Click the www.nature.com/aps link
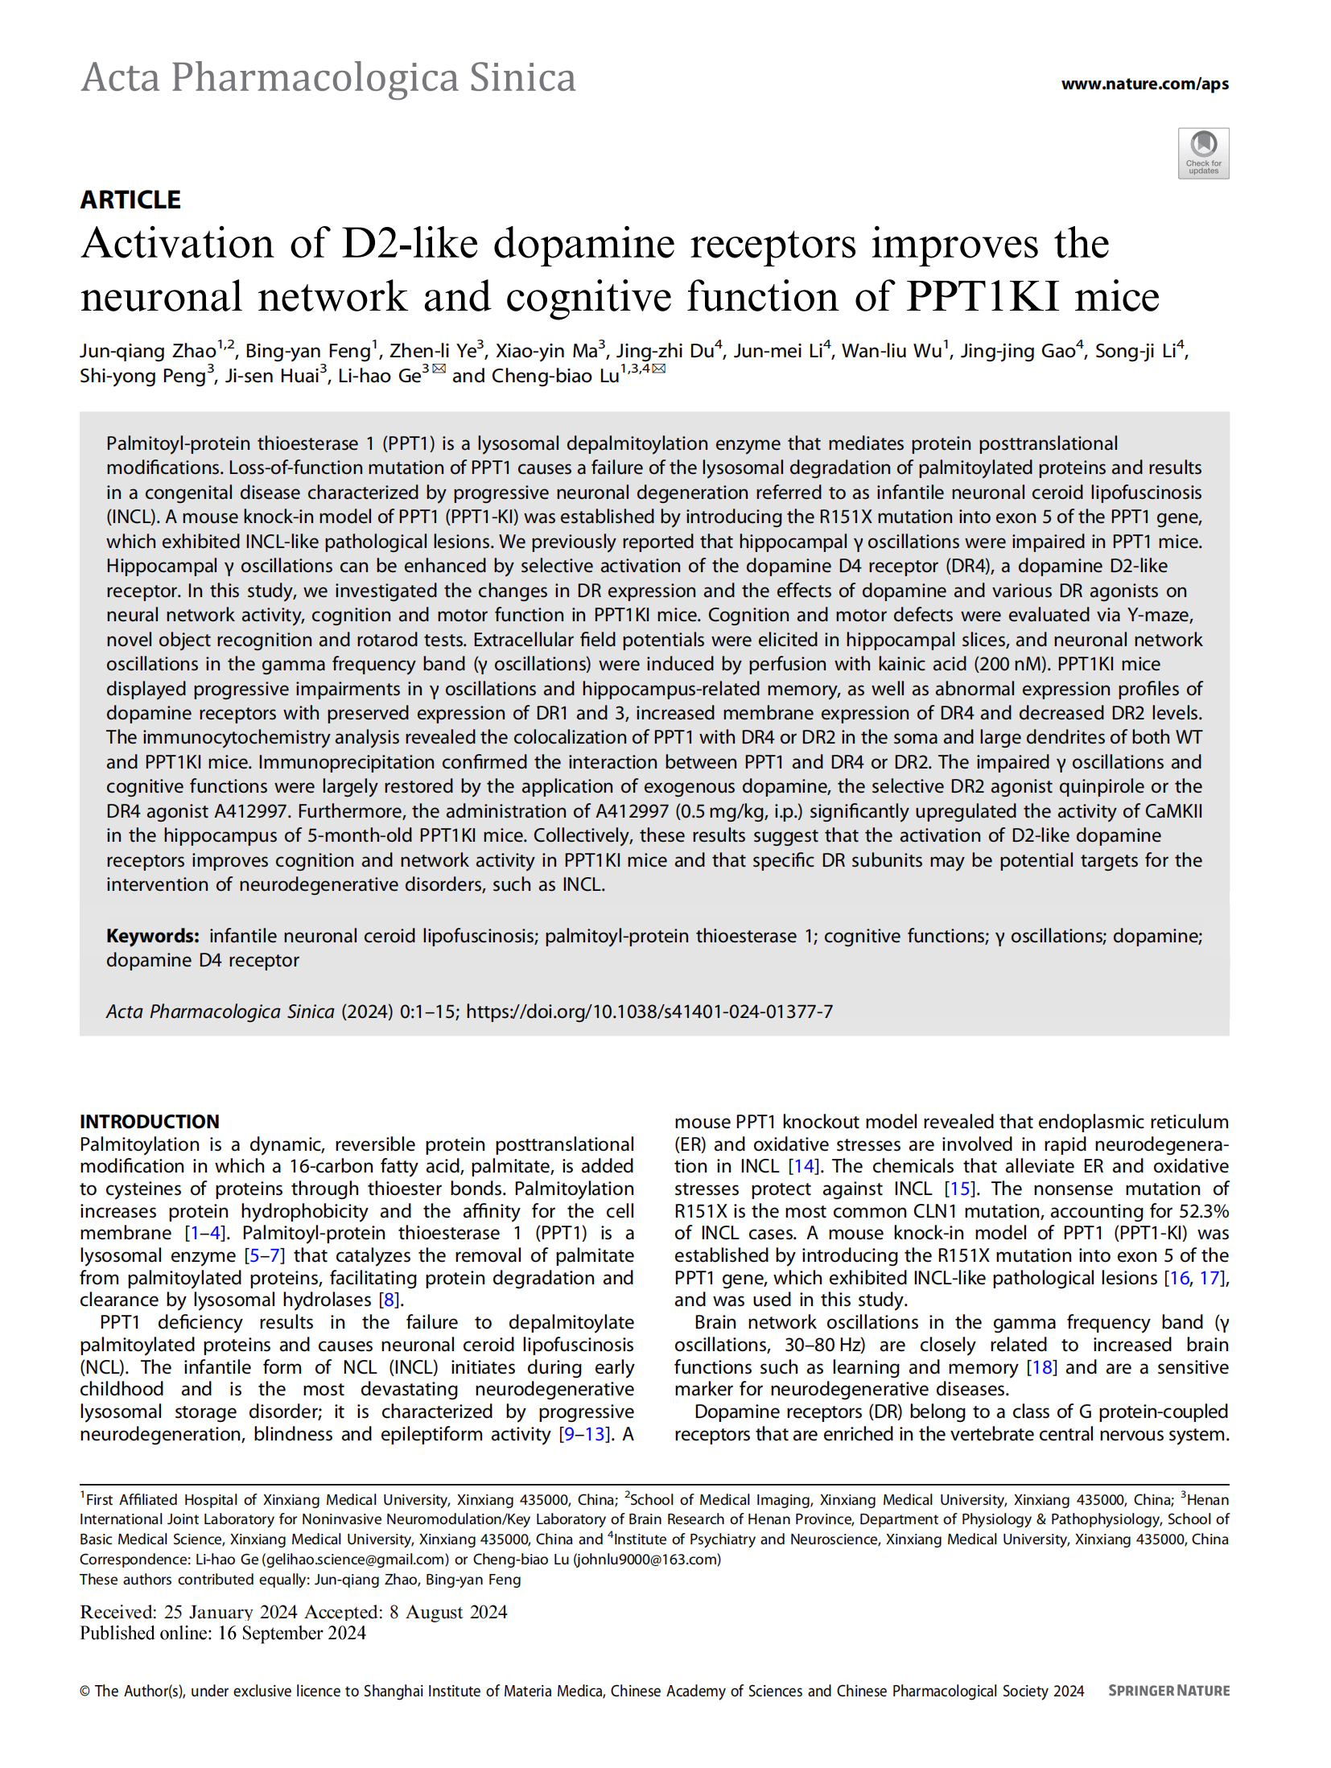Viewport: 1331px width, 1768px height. (1144, 84)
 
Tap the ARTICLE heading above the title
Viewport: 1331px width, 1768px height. (130, 200)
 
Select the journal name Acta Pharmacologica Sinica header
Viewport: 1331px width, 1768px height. (328, 78)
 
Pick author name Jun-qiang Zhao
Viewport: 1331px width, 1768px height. (148, 351)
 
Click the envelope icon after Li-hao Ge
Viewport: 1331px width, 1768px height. (439, 369)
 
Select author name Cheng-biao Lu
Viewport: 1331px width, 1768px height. (555, 376)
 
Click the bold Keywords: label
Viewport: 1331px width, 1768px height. (152, 936)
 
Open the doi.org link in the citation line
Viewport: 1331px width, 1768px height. (649, 1012)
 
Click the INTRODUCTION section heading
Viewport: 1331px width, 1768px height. (149, 1121)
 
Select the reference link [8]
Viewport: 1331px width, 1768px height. (389, 1300)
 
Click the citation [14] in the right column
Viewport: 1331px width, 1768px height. (803, 1166)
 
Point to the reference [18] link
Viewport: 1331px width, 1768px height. (1041, 1367)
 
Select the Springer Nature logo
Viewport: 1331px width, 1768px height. (1168, 1691)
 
